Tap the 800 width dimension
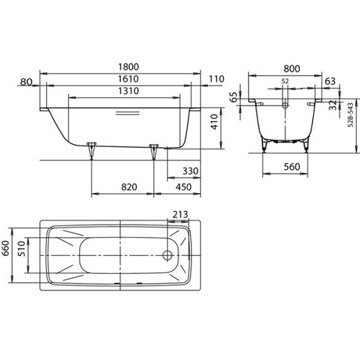(x=291, y=67)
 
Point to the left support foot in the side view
(x=92, y=149)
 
